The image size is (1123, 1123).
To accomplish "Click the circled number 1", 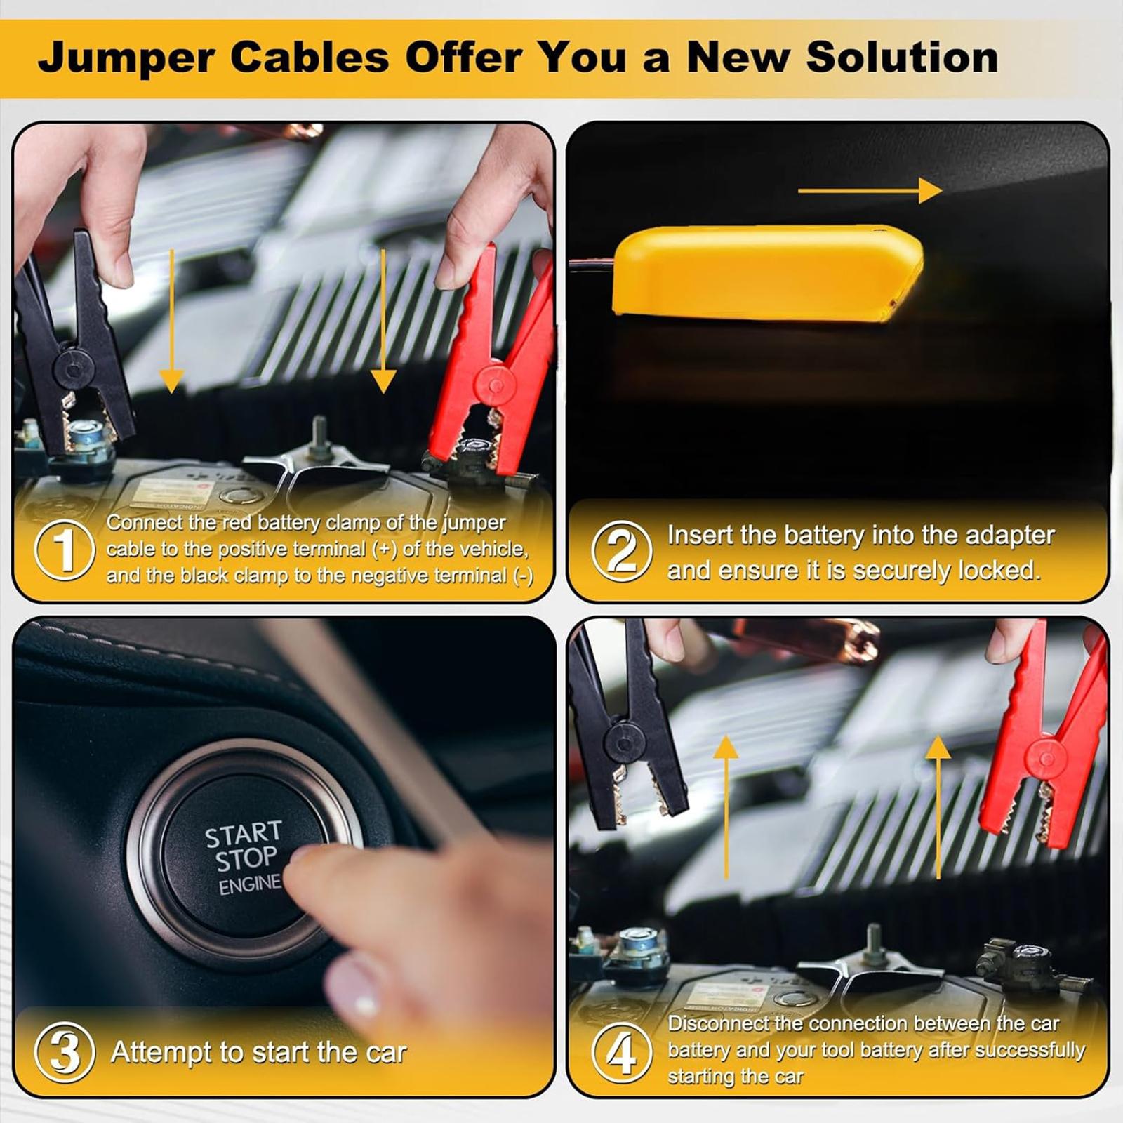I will tap(64, 550).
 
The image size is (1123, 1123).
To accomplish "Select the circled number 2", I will tap(621, 550).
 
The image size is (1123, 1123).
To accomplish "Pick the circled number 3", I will tap(64, 1052).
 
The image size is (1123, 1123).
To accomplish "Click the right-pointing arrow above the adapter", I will tap(870, 190).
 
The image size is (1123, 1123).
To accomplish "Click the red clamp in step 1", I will tap(491, 365).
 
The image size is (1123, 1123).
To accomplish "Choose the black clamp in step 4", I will tap(625, 730).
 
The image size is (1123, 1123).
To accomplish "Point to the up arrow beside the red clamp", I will tap(938, 807).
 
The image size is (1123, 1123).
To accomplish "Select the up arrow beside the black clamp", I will tap(726, 807).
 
